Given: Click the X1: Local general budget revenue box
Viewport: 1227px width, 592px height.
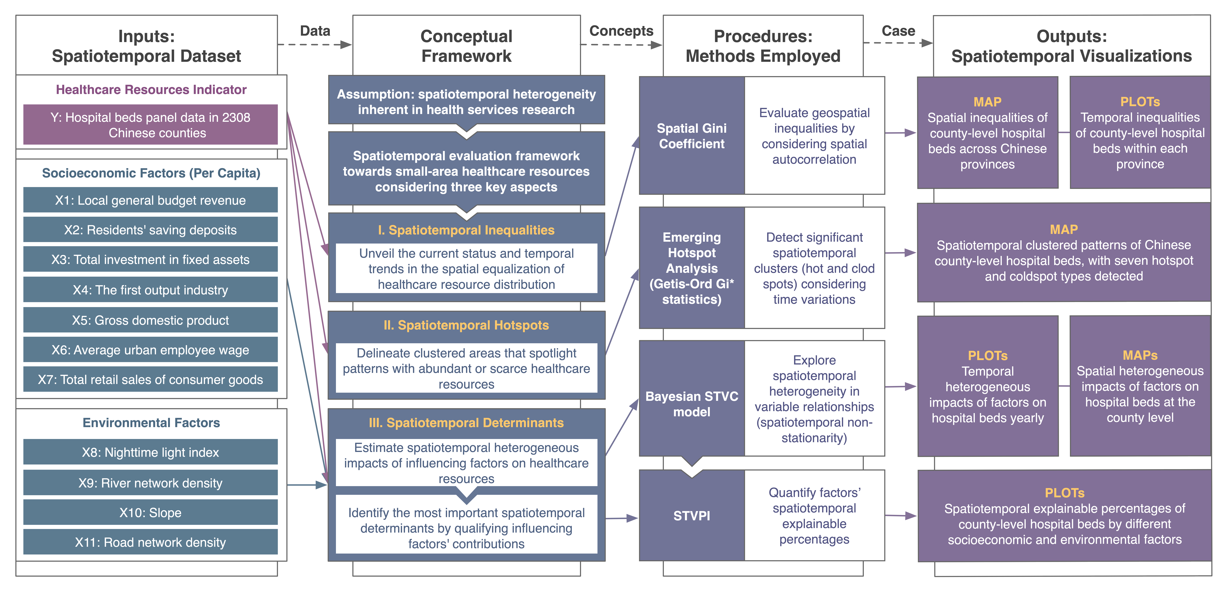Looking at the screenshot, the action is (x=151, y=200).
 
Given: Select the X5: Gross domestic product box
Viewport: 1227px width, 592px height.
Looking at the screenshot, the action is (x=151, y=320).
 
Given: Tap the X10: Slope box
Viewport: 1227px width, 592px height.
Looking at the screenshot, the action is (x=151, y=512).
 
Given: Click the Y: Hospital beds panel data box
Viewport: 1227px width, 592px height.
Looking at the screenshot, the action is (x=151, y=125).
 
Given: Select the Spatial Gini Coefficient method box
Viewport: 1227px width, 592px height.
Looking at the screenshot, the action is (x=692, y=136).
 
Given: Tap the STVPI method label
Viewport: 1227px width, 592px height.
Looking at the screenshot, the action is (x=692, y=515).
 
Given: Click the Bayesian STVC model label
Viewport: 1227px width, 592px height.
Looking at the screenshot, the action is (x=692, y=404).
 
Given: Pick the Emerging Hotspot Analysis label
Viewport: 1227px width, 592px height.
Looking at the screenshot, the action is (x=692, y=268).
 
